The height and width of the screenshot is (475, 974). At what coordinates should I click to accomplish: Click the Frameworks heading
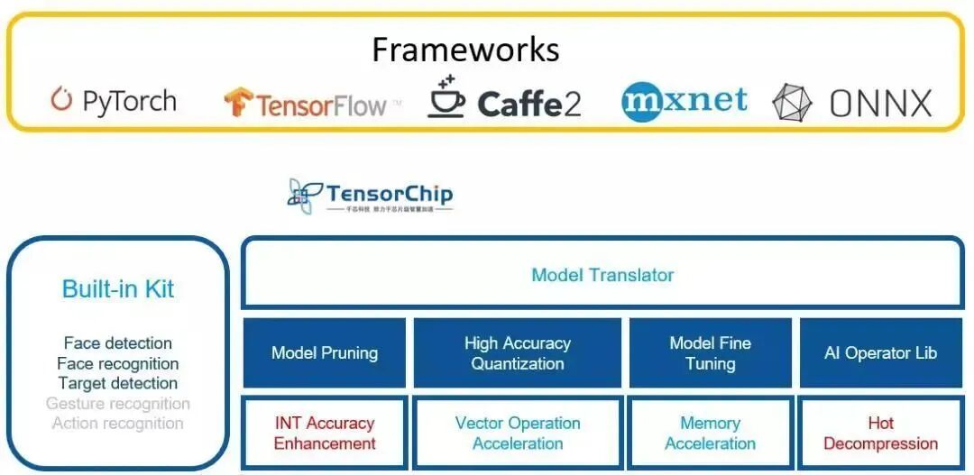[465, 49]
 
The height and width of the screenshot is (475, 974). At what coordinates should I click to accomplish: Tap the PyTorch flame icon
[61, 100]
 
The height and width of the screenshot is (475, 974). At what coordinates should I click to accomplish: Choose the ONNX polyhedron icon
[792, 103]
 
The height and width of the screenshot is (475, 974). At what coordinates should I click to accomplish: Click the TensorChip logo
[371, 196]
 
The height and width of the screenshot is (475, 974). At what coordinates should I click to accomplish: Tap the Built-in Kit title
[118, 289]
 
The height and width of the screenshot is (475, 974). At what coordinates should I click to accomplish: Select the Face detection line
[118, 343]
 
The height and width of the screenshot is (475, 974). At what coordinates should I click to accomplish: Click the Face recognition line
[118, 363]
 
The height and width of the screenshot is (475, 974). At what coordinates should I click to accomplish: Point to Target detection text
[118, 383]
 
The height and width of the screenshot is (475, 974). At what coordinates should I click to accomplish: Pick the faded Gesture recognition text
[118, 404]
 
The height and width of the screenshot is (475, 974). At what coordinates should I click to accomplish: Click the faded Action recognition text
[118, 424]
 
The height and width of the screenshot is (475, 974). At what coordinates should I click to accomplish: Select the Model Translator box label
[602, 275]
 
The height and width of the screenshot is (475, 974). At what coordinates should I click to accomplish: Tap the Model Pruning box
[325, 353]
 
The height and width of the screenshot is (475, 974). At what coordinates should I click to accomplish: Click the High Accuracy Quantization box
[518, 353]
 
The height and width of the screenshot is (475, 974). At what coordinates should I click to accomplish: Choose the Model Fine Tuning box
[710, 353]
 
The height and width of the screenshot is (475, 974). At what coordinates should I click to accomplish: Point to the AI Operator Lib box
[880, 353]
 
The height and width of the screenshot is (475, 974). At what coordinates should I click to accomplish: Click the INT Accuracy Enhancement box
[325, 433]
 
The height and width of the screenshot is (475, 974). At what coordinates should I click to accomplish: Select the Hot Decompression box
[880, 433]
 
